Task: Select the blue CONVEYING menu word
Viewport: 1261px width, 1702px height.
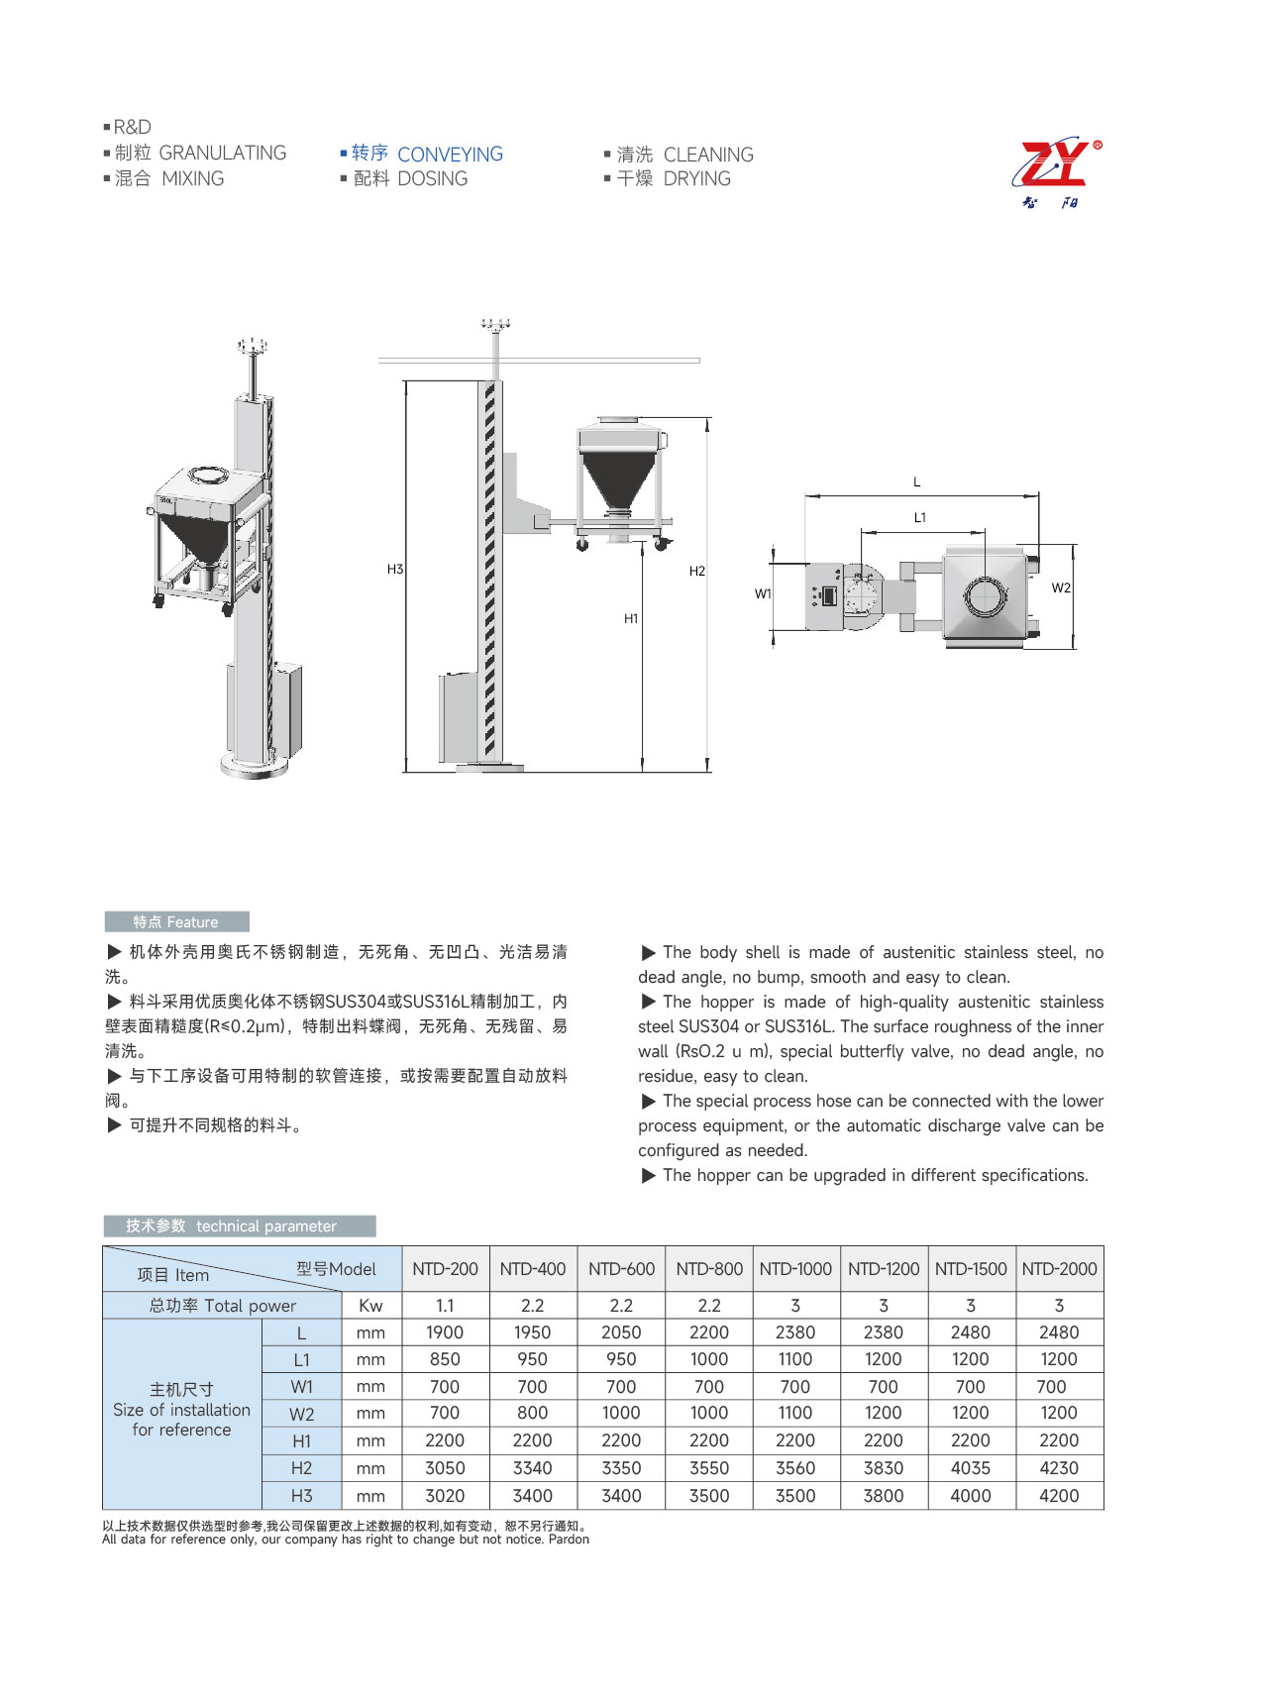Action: point(450,155)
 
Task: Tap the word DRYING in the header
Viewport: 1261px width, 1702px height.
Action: point(696,179)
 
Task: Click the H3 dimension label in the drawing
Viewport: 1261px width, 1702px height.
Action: point(395,570)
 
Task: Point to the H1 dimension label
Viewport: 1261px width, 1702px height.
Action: point(631,618)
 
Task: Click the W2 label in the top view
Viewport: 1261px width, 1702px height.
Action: point(1061,587)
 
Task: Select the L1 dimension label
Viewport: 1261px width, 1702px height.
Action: point(920,517)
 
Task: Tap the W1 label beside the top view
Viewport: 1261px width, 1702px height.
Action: point(763,593)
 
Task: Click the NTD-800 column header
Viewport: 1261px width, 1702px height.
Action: point(709,1269)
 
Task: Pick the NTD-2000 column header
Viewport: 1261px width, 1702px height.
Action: point(1059,1269)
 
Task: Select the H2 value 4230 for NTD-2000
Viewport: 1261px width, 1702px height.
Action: point(1059,1468)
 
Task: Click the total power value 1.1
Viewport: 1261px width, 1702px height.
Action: point(445,1306)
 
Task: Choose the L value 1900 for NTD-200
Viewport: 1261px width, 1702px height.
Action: point(445,1332)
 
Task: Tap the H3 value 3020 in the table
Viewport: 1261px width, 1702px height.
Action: point(445,1496)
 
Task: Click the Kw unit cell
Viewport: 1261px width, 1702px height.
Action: point(370,1306)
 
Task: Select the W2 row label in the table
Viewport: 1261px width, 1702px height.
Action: point(301,1414)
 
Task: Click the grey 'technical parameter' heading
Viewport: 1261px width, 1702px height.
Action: point(240,1226)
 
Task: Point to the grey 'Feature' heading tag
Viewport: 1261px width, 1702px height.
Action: point(176,922)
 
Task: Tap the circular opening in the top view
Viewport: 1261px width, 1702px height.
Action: point(986,597)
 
